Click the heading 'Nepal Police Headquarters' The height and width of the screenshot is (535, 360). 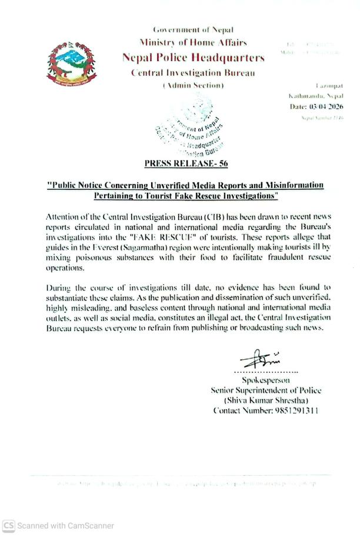(x=193, y=58)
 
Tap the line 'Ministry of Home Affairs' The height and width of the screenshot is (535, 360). (x=193, y=42)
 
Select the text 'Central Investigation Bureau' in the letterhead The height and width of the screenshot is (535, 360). (x=193, y=73)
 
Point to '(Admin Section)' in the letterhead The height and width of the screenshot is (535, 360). (x=193, y=86)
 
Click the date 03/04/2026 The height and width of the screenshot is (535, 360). (x=325, y=106)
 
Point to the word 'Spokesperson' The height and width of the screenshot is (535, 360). (x=266, y=380)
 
